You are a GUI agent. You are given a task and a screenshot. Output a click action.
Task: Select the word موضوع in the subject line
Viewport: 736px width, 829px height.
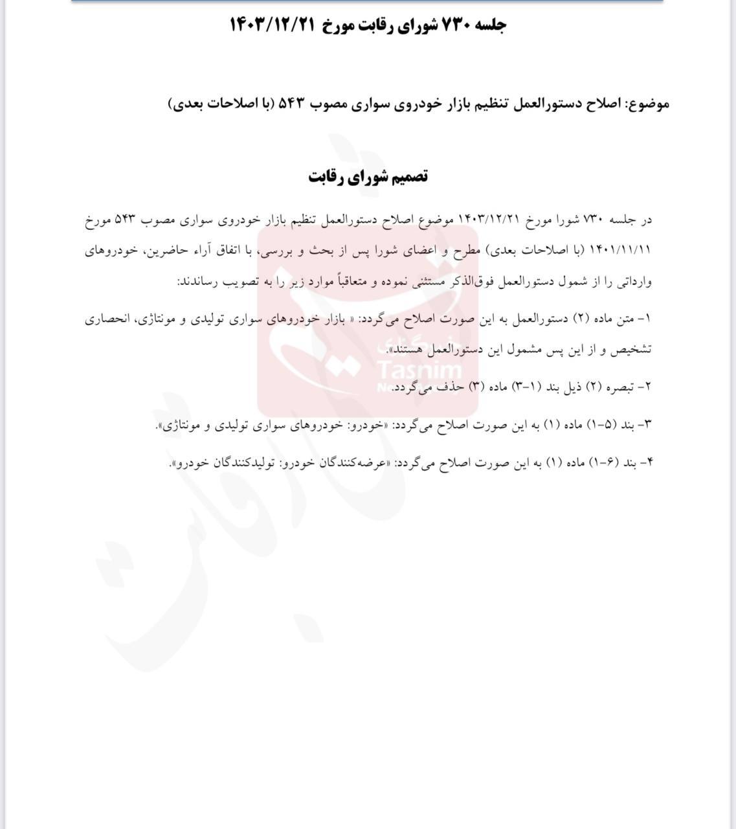pos(648,104)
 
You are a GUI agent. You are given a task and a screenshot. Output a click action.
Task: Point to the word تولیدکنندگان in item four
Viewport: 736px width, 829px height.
pos(240,463)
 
